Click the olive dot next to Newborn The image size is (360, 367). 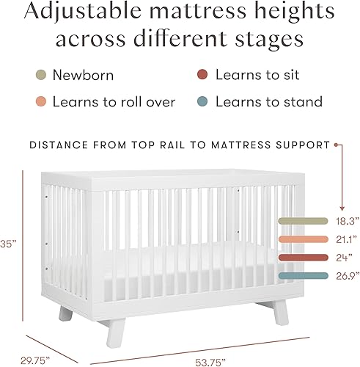click(x=41, y=75)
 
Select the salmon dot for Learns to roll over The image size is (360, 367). click(x=41, y=102)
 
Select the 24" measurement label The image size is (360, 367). click(x=339, y=257)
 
